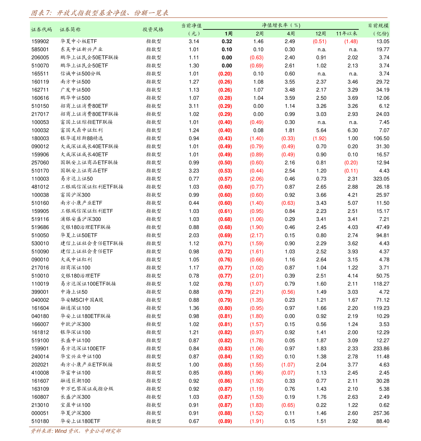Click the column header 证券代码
pyautogui.click(x=41, y=29)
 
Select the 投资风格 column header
pyautogui.click(x=153, y=29)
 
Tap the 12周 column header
pyautogui.click(x=321, y=34)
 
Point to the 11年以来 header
pyautogui.click(x=346, y=34)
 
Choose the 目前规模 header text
pyautogui.click(x=378, y=25)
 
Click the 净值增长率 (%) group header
pyautogui.click(x=281, y=25)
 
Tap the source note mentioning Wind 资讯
pyautogui.click(x=76, y=431)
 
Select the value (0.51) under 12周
pyautogui.click(x=320, y=41)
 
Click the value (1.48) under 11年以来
pyautogui.click(x=351, y=41)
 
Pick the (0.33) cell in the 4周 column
pyautogui.click(x=288, y=138)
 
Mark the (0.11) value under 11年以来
pyautogui.click(x=351, y=171)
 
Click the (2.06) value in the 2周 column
pyautogui.click(x=257, y=179)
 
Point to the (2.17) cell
pyautogui.click(x=257, y=236)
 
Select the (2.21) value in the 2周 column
pyautogui.click(x=257, y=292)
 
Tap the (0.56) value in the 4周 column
pyautogui.click(x=288, y=292)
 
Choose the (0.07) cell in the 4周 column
pyautogui.click(x=288, y=373)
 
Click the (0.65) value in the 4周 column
pyautogui.click(x=288, y=405)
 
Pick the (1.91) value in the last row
pyautogui.click(x=257, y=421)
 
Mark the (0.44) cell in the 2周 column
pyautogui.click(x=257, y=171)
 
